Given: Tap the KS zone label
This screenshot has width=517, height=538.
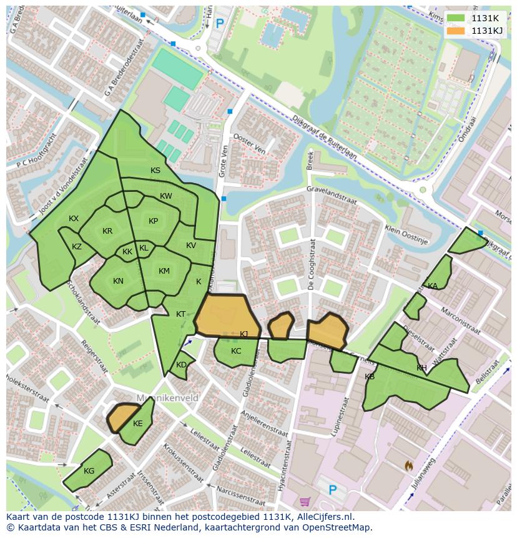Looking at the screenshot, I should click(x=155, y=171).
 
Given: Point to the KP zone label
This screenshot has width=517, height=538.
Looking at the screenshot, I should click(x=153, y=221).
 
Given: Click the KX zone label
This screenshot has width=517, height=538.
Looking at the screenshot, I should click(x=74, y=219).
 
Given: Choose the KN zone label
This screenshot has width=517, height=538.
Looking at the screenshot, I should click(x=118, y=281).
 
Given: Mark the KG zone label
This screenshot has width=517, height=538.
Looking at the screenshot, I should click(x=89, y=471).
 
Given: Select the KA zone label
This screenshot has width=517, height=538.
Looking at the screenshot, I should click(x=433, y=286).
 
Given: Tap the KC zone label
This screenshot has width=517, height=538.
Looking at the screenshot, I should click(x=236, y=351).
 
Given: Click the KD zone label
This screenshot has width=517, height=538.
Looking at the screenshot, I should click(x=181, y=365).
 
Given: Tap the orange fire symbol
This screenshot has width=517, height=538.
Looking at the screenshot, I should click(x=408, y=466).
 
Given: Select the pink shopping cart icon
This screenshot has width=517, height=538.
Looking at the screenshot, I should click(x=305, y=502).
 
